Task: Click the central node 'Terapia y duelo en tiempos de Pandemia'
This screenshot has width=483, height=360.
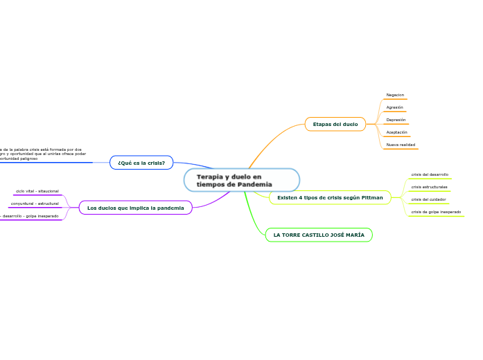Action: tap(241, 180)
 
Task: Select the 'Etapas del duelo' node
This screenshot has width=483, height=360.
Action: tap(335, 125)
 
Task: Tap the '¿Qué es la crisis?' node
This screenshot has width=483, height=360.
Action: tap(141, 163)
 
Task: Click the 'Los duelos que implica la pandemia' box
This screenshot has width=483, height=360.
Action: tap(136, 208)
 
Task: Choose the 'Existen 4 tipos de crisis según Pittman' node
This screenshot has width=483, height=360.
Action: tap(330, 198)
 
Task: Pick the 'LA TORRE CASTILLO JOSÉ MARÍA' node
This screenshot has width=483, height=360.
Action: tap(319, 235)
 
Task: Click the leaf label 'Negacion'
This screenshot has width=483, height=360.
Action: tap(395, 95)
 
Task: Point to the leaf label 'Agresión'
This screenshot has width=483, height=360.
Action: tap(394, 107)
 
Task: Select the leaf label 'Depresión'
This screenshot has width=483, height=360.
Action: tap(396, 120)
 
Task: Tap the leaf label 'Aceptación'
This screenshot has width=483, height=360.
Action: tap(396, 132)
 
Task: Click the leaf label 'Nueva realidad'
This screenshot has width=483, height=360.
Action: tap(401, 145)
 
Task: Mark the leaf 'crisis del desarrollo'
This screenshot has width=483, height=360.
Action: tap(430, 174)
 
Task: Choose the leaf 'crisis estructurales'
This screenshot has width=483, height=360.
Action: tap(429, 187)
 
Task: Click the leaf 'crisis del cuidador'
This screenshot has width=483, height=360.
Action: tap(428, 199)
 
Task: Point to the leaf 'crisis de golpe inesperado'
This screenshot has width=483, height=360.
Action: tap(436, 212)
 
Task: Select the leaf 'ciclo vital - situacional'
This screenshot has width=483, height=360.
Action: tap(37, 191)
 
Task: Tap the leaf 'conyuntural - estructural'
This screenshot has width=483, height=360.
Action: tap(35, 204)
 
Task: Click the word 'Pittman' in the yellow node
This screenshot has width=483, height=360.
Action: tap(371, 198)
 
